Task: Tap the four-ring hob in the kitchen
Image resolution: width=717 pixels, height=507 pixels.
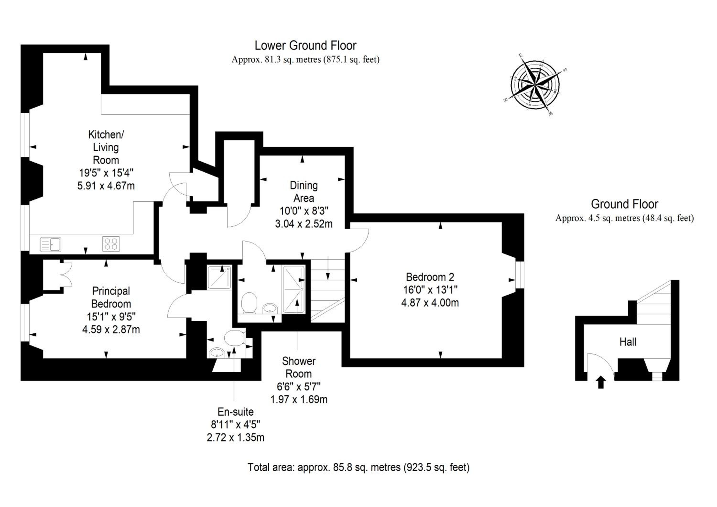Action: [x=111, y=244]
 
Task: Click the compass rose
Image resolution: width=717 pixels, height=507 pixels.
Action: [x=535, y=85]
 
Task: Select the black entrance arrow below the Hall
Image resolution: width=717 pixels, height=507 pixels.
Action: [x=601, y=382]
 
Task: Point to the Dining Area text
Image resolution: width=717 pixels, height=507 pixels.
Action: [x=304, y=192]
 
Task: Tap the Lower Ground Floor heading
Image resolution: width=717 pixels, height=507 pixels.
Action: [x=305, y=46]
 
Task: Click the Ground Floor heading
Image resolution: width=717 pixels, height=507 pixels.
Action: [x=625, y=204]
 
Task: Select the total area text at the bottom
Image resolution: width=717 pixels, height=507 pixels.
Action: [x=358, y=467]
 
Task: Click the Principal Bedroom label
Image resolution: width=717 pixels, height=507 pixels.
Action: [x=111, y=298]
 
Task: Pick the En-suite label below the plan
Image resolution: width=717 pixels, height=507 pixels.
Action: [x=235, y=412]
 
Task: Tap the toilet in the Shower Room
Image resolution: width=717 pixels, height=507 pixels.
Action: [x=249, y=302]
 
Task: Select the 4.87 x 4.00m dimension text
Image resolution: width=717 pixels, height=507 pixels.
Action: [x=430, y=303]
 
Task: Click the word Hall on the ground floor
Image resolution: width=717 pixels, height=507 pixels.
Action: [x=628, y=342]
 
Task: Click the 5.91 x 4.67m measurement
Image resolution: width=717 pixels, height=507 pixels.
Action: [x=106, y=186]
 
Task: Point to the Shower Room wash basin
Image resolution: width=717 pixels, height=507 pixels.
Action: [x=270, y=308]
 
